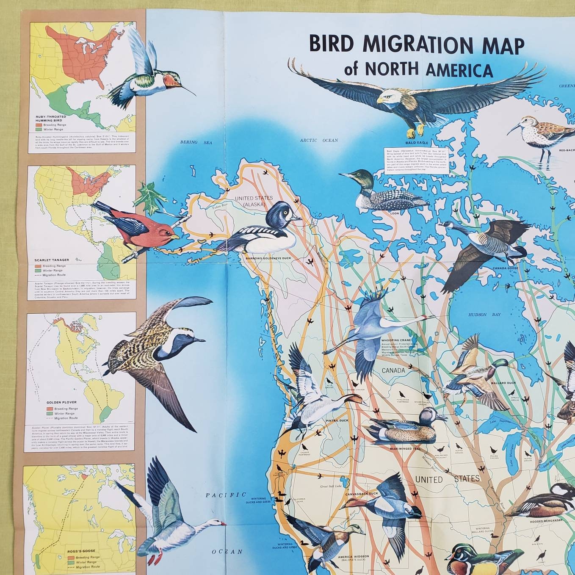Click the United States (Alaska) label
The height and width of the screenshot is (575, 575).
coord(251,201)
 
